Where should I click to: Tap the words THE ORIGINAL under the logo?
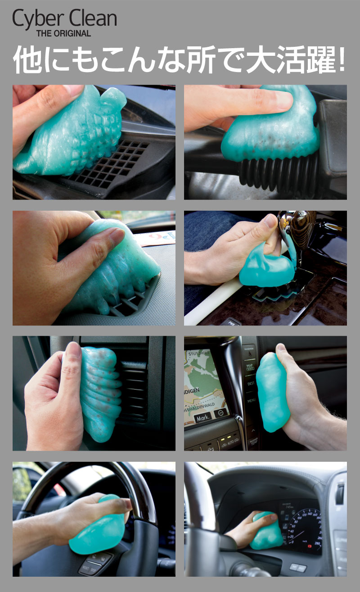63,33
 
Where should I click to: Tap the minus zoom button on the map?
220,413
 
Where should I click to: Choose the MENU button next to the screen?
251,401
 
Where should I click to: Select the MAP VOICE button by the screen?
249,367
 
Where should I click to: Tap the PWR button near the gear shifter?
232,322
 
